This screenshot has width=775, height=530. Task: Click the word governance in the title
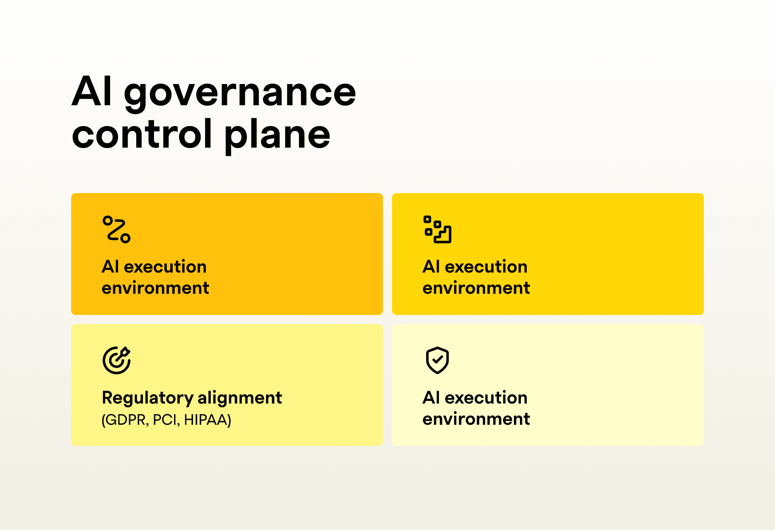click(240, 93)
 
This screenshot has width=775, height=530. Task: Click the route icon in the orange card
click(117, 229)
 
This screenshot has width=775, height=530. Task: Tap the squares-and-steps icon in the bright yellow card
click(437, 229)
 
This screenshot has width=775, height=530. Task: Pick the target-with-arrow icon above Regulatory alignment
click(117, 360)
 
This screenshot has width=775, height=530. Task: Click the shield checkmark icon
click(437, 360)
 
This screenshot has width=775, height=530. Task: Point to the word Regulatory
click(148, 398)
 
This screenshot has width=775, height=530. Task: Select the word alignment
click(240, 398)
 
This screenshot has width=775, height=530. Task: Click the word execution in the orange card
click(165, 267)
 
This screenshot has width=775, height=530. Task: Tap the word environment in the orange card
click(156, 288)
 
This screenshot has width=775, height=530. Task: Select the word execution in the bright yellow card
click(486, 267)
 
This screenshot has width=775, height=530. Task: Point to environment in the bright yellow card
click(476, 288)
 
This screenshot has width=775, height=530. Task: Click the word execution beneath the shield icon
click(486, 398)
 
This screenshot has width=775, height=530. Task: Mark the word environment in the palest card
click(476, 419)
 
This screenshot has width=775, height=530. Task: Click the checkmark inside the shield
click(437, 359)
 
